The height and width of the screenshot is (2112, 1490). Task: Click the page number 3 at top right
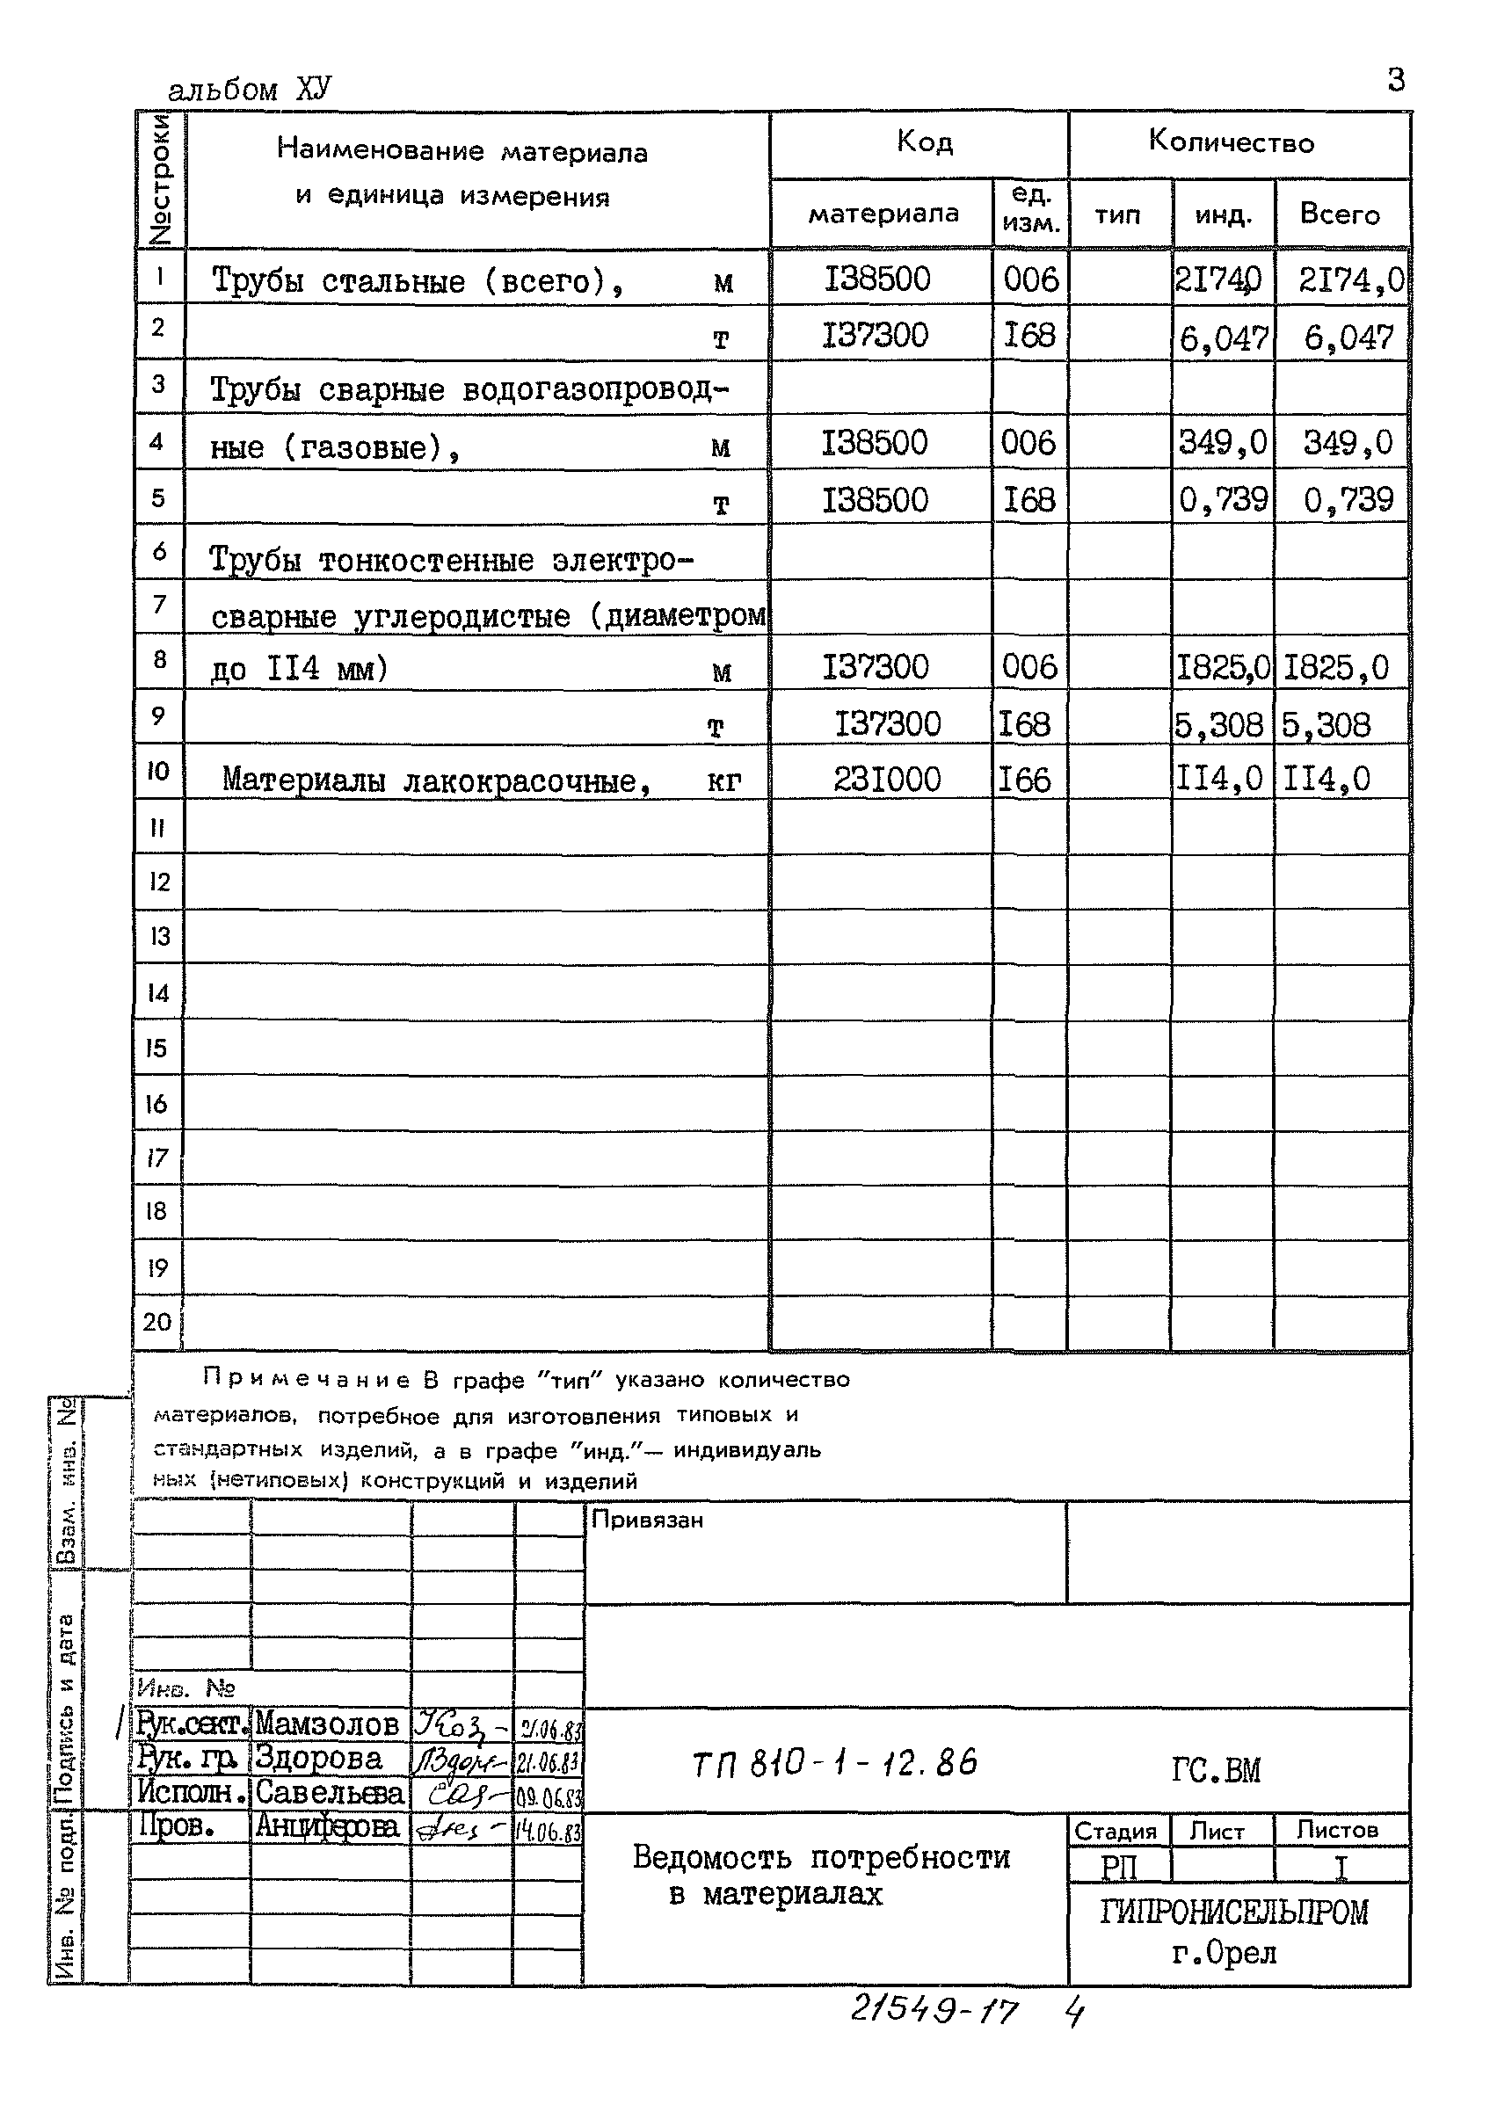click(x=1395, y=81)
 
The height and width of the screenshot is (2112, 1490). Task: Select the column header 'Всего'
click(x=1339, y=214)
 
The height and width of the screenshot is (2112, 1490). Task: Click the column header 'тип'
click(x=1117, y=215)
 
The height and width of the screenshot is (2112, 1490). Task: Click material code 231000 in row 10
click(x=887, y=780)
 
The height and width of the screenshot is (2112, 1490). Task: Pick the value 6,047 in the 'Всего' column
click(x=1348, y=337)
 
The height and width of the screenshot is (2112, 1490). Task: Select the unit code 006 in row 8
click(x=1029, y=667)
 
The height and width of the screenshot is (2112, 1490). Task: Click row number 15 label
click(x=156, y=1049)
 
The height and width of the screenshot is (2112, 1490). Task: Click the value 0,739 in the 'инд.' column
click(x=1223, y=499)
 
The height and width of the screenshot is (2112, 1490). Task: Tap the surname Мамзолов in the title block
click(x=326, y=1724)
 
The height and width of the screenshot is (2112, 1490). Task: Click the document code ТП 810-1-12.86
click(x=834, y=1763)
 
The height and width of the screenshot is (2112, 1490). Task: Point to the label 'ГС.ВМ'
click(x=1215, y=1770)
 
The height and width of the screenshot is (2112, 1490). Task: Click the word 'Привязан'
click(x=647, y=1520)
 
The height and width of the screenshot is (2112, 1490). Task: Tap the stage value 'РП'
click(x=1118, y=1868)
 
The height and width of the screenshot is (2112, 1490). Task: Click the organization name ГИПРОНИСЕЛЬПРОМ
click(x=1233, y=1913)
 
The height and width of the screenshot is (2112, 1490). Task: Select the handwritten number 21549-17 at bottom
click(x=934, y=2012)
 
